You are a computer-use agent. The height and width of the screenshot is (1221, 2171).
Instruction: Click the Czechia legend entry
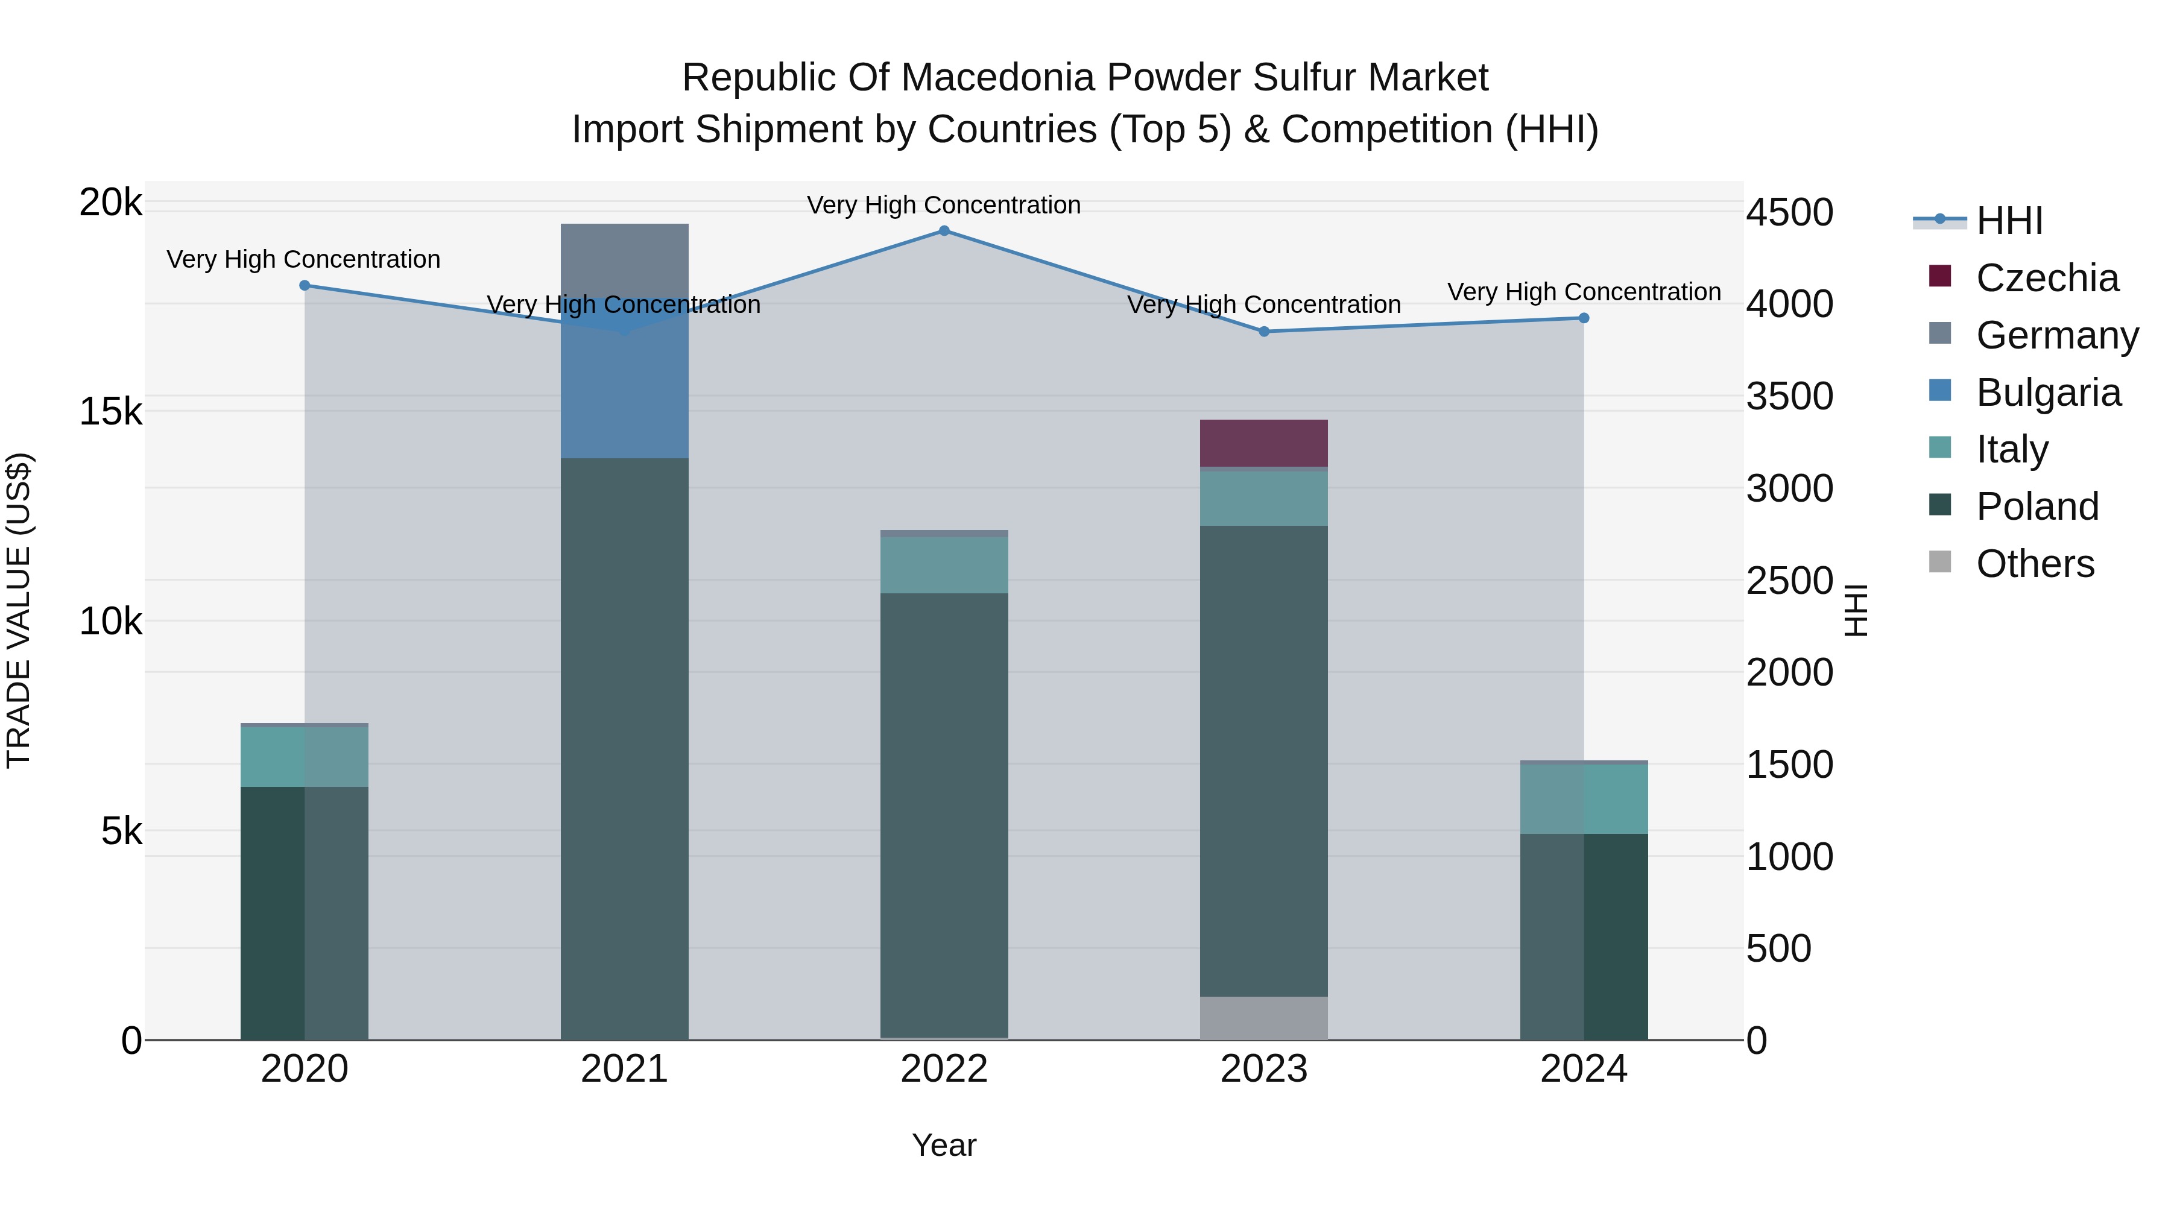pos(2046,278)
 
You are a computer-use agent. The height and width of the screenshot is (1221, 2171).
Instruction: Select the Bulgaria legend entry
pos(2048,393)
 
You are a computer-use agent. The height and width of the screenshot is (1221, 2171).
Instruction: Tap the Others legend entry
pos(2035,564)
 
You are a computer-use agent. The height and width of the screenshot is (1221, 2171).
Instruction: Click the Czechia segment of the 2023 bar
pos(1263,443)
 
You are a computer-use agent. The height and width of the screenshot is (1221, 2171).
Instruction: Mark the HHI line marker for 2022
pos(944,231)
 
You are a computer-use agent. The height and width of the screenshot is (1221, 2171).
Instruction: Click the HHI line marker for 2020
pos(305,286)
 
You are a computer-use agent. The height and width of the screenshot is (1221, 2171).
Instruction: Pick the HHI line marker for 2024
pos(1584,318)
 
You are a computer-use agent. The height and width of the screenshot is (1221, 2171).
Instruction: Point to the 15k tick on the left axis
pos(110,412)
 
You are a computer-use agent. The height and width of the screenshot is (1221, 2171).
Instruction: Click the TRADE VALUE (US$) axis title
pos(19,610)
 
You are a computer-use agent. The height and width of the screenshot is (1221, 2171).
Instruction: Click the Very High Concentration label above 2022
pos(944,205)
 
